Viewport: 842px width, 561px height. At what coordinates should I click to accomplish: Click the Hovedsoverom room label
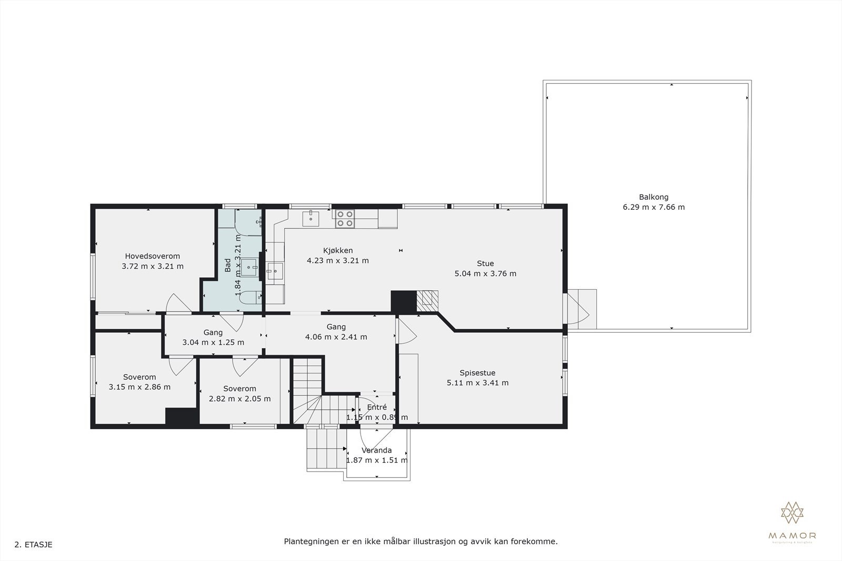coord(152,256)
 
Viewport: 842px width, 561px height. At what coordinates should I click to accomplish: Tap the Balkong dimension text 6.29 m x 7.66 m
coord(654,207)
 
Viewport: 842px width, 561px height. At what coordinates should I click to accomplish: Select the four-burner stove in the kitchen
coord(345,219)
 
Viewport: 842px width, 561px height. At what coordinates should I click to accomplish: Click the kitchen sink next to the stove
coord(311,218)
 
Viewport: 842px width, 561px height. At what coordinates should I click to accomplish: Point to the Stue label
coord(485,263)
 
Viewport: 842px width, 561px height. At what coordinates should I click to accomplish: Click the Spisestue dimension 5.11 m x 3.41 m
coord(477,383)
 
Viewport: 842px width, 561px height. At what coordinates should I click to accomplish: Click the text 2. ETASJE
coord(34,545)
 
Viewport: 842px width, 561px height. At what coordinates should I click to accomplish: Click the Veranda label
coord(376,450)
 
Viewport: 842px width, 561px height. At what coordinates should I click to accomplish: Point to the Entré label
coord(377,407)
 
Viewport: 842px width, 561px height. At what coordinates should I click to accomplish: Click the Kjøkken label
coord(337,250)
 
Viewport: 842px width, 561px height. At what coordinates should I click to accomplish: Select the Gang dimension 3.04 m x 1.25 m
coord(213,342)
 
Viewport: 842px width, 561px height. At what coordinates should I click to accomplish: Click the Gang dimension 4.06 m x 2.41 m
coord(336,337)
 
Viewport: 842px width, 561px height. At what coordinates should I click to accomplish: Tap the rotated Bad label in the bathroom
coord(228,266)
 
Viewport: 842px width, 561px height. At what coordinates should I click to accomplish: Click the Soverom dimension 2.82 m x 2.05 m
coord(239,399)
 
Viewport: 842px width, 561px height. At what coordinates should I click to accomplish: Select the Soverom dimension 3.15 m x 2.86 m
coord(139,387)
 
